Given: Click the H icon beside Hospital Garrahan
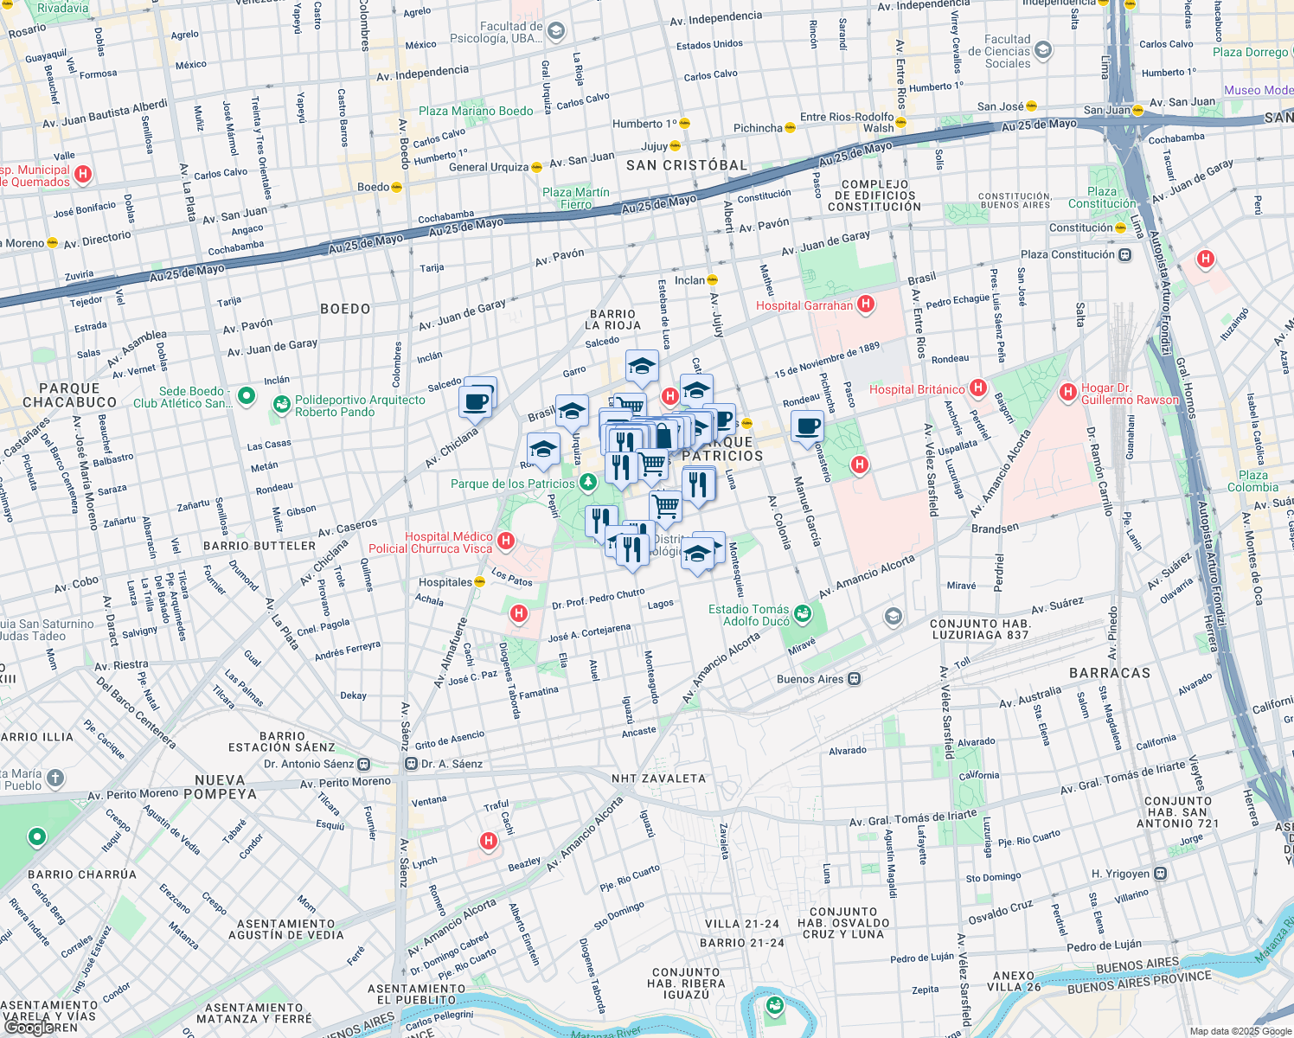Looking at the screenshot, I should [865, 304].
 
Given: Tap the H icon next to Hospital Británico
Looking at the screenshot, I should [978, 388].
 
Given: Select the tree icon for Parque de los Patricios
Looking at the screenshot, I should [588, 482].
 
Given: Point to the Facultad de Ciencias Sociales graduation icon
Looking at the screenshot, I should [1043, 50].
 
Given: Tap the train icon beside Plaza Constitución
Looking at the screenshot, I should [1124, 255].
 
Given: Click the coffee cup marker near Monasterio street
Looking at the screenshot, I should [807, 426].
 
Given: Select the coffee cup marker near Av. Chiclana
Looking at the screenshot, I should [476, 401].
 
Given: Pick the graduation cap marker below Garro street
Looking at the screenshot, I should [642, 367].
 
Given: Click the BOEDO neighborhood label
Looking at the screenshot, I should [345, 309].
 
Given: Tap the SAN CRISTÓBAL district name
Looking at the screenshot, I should [686, 165].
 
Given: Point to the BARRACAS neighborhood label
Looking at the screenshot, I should [1110, 672].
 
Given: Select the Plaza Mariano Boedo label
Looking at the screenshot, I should [476, 111].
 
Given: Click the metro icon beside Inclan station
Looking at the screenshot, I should [713, 279].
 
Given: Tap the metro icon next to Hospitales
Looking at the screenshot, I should [480, 582].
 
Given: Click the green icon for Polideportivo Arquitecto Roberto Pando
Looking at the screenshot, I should [281, 404].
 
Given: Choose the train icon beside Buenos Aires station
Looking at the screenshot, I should [855, 679].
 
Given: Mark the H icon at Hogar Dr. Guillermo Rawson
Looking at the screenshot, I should [1067, 393].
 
